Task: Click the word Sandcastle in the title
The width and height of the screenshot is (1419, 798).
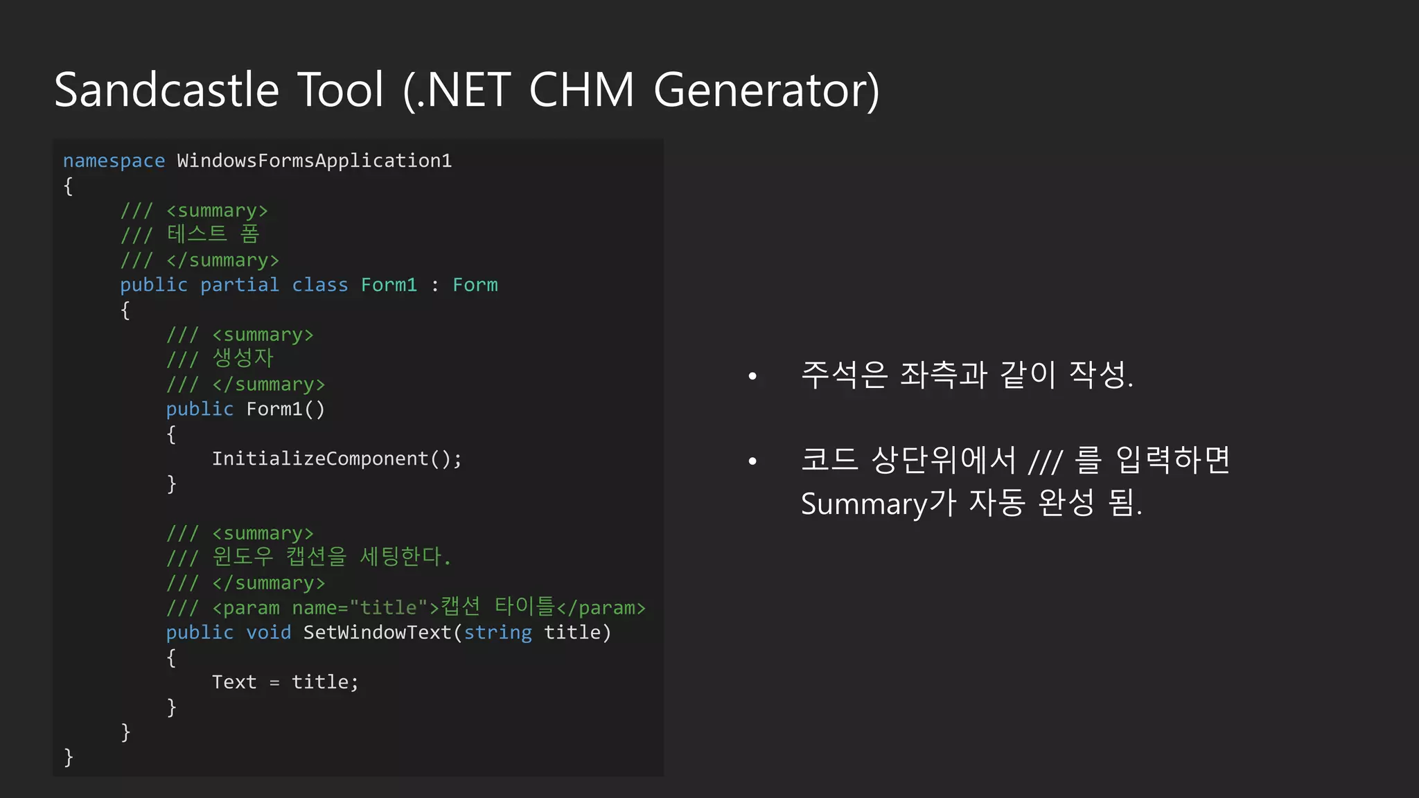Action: [166, 90]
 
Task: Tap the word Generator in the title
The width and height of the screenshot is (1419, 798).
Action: [766, 90]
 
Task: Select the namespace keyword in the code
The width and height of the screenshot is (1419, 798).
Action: [114, 161]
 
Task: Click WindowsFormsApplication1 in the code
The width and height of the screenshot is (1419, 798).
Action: [314, 161]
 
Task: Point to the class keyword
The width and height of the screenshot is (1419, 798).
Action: [319, 285]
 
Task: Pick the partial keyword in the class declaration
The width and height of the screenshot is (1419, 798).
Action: [239, 285]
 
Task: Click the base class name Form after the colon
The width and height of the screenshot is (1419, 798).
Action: [475, 285]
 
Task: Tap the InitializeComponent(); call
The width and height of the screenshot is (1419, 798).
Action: [337, 459]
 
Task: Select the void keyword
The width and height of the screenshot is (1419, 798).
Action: [268, 632]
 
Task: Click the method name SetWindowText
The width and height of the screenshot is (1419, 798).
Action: [377, 632]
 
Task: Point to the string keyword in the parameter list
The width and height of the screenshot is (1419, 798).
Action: [497, 632]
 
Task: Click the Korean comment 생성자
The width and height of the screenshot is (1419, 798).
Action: [243, 358]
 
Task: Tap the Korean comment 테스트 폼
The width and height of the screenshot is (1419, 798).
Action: [213, 234]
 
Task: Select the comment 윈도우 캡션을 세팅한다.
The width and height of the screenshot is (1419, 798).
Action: [331, 556]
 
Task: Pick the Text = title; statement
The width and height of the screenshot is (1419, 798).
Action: [285, 682]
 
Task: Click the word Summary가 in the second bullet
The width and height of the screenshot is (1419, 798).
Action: [879, 503]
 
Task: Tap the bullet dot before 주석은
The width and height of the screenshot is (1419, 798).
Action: [752, 376]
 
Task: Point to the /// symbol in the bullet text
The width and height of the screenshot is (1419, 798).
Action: [1045, 461]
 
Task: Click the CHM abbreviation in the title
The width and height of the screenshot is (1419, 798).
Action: [581, 90]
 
